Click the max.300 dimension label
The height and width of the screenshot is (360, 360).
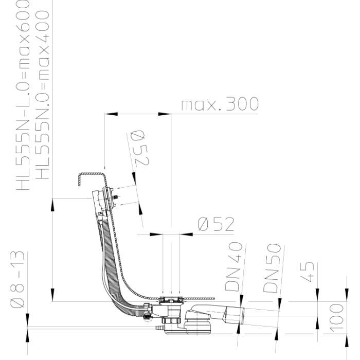[x=220, y=104]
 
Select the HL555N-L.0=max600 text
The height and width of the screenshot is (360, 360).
[x=23, y=95]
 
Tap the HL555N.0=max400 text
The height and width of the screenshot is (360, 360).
[x=43, y=95]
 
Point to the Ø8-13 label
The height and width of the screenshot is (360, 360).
[x=17, y=279]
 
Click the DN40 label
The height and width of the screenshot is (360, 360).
[x=233, y=267]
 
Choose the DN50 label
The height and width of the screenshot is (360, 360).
[x=272, y=268]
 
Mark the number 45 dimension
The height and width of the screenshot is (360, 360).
[x=307, y=272]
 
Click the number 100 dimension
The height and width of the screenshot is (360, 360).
[x=336, y=318]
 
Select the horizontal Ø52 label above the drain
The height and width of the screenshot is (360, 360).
[x=216, y=224]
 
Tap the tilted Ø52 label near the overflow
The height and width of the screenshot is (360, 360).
[x=139, y=149]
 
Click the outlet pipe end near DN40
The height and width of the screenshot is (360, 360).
[x=242, y=316]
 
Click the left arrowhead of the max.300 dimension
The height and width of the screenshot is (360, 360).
[x=111, y=114]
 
